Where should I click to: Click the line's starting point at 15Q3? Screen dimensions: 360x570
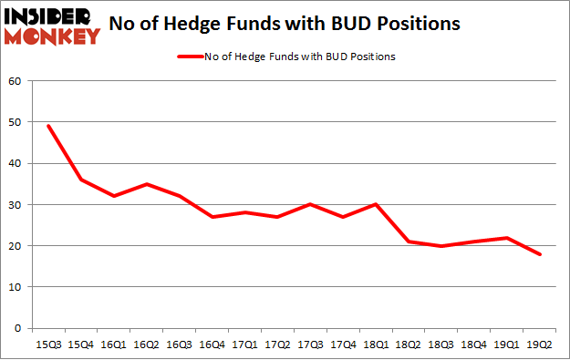[47, 126]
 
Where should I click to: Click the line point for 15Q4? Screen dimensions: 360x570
[80, 180]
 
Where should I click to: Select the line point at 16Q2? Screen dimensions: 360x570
[146, 184]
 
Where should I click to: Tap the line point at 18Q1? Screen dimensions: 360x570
[375, 204]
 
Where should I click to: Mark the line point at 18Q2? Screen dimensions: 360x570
[408, 242]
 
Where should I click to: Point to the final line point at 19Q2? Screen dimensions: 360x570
[539, 254]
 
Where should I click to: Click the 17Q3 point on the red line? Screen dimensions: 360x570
[309, 204]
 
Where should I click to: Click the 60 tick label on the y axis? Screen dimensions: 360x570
[16, 81]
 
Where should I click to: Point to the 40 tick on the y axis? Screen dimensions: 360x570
[16, 163]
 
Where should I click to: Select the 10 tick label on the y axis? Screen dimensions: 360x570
[16, 287]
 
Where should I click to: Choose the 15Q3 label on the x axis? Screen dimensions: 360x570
[47, 345]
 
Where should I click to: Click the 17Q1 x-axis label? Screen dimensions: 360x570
[244, 345]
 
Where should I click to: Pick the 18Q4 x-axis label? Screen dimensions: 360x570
[473, 345]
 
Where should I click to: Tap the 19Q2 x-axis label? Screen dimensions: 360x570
[539, 345]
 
